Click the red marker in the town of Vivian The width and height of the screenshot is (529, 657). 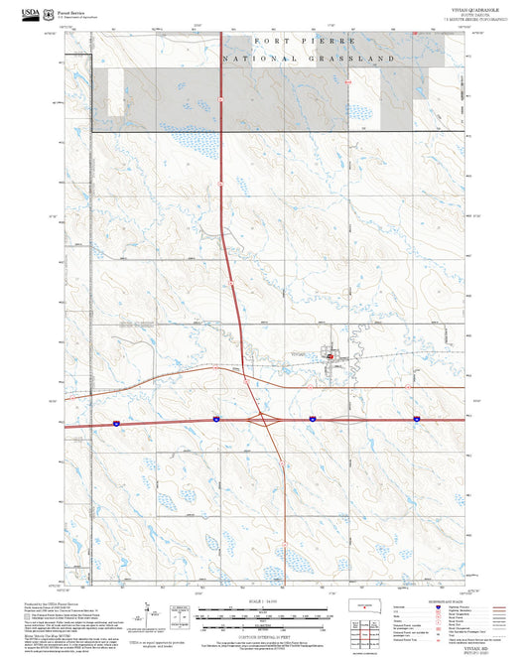point(330,354)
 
